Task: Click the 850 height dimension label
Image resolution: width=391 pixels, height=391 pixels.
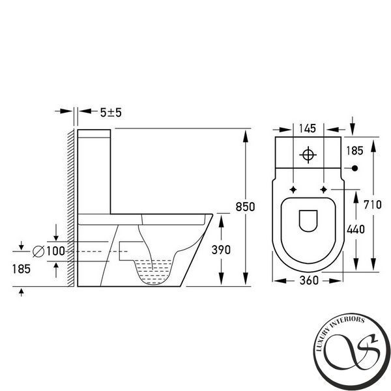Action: [x=245, y=207]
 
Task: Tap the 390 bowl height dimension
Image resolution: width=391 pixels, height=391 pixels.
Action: [x=221, y=250]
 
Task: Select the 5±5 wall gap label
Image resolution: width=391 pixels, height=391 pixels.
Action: [x=111, y=113]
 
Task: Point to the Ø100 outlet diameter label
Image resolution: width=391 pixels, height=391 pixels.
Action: [x=49, y=251]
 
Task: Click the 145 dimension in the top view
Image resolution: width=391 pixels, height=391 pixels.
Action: [x=308, y=128]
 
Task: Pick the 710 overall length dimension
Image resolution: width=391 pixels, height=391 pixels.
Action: [x=373, y=205]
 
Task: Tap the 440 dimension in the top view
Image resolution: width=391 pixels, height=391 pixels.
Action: [x=356, y=229]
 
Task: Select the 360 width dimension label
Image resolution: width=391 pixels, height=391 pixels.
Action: [x=309, y=280]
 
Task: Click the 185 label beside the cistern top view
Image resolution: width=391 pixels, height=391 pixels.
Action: [x=355, y=151]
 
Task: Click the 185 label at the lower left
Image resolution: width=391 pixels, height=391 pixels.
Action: [x=22, y=269]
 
